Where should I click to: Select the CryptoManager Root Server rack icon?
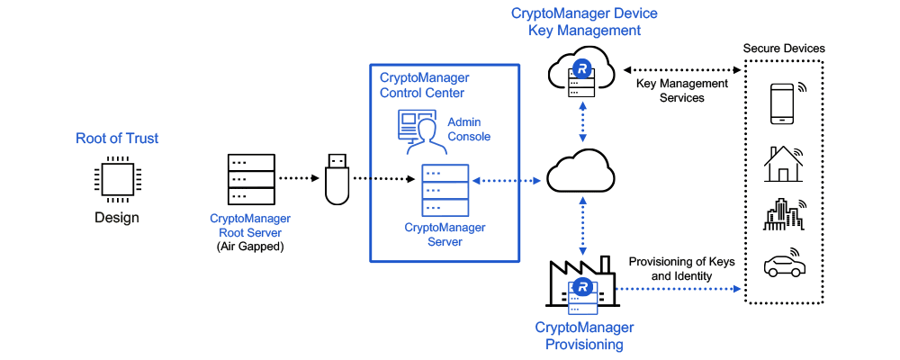pos(250,178)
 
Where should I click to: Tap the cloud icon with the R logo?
pos(583,68)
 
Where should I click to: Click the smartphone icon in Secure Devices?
pos(783,103)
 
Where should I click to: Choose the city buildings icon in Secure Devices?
pos(783,214)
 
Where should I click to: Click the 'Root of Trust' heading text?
pos(117,139)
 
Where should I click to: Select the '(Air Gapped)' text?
pos(250,246)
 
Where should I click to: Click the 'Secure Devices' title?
pos(783,48)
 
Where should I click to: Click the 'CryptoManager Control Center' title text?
pos(424,85)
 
